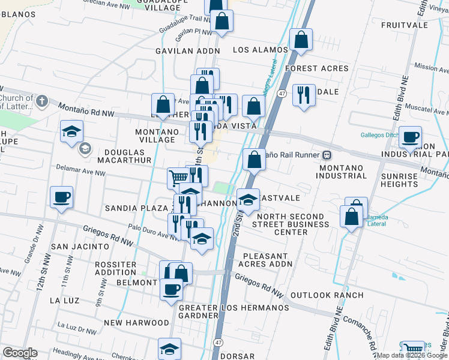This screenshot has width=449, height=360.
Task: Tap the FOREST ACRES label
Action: coord(317,68)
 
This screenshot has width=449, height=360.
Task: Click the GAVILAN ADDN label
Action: coord(188,51)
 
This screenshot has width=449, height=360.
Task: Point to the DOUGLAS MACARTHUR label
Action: coord(127,157)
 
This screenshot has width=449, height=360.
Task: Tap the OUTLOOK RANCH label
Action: coord(327,295)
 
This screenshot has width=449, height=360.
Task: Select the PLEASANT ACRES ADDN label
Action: coord(273,260)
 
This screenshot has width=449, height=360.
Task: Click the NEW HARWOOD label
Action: coord(130,322)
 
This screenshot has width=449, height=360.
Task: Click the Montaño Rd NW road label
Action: coord(86,109)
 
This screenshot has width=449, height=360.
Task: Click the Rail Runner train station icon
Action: coord(327,155)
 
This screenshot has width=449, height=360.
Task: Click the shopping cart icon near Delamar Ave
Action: coord(178,178)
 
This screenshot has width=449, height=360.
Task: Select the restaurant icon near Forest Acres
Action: coord(304,95)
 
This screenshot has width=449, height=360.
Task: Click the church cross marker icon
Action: coord(41,101)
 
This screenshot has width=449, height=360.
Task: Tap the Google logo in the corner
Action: coord(20,353)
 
